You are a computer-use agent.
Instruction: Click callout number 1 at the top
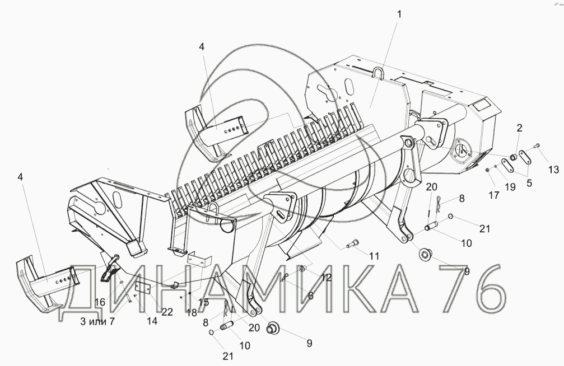pyautogui.click(x=399, y=15)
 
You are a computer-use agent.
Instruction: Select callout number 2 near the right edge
pyautogui.click(x=519, y=128)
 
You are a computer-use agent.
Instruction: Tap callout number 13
pyautogui.click(x=553, y=169)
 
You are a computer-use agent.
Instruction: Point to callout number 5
pyautogui.click(x=529, y=183)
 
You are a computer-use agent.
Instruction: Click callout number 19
pyautogui.click(x=510, y=187)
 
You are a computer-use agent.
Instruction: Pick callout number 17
pyautogui.click(x=494, y=195)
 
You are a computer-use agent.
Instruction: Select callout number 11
pyautogui.click(x=374, y=256)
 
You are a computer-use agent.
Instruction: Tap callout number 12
pyautogui.click(x=326, y=277)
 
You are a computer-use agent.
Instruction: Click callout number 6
pyautogui.click(x=310, y=295)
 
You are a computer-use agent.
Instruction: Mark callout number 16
pyautogui.click(x=100, y=302)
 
